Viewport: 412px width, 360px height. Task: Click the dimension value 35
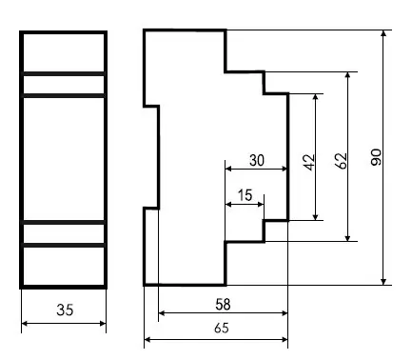65,310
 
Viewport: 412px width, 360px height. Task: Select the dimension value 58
223,305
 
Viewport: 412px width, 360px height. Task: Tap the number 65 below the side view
222,328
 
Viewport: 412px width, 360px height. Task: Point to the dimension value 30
257,160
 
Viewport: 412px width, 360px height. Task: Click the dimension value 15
245,195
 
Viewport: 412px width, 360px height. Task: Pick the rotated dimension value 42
309,162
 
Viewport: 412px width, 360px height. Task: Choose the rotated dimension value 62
341,161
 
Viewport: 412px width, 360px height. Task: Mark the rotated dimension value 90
376,157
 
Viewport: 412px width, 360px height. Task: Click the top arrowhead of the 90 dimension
383,33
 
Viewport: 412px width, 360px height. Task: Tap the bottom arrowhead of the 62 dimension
348,238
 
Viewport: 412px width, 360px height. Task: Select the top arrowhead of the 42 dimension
315,97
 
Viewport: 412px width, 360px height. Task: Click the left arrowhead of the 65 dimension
147,340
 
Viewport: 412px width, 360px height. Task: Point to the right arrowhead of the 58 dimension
284,313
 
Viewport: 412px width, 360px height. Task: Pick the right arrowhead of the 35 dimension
103,324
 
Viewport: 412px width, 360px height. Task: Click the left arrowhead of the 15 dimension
228,204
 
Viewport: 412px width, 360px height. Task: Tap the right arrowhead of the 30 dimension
284,169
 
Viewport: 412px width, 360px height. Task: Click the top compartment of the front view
64,52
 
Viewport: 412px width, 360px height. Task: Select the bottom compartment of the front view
64,266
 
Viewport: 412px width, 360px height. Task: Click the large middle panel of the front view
64,159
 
